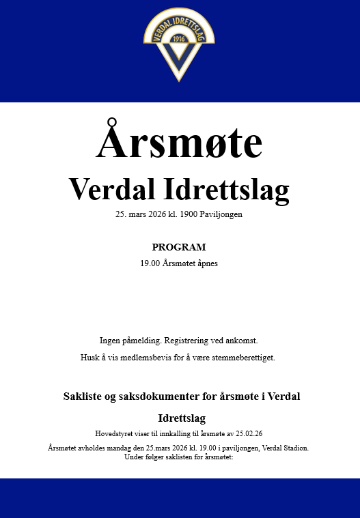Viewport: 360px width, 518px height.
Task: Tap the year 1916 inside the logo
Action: pyautogui.click(x=179, y=38)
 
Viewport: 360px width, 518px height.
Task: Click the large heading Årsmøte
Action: pyautogui.click(x=180, y=143)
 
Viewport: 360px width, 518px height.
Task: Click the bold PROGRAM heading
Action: pyautogui.click(x=179, y=247)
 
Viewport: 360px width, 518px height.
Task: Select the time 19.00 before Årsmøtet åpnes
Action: pyautogui.click(x=149, y=263)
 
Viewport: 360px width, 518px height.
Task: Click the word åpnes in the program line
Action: pyautogui.click(x=206, y=263)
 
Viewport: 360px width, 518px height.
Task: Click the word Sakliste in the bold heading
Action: pyautogui.click(x=83, y=397)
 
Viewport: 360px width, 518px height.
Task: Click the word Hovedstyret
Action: pyautogui.click(x=113, y=433)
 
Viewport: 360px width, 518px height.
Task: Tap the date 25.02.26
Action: pyautogui.click(x=250, y=433)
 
